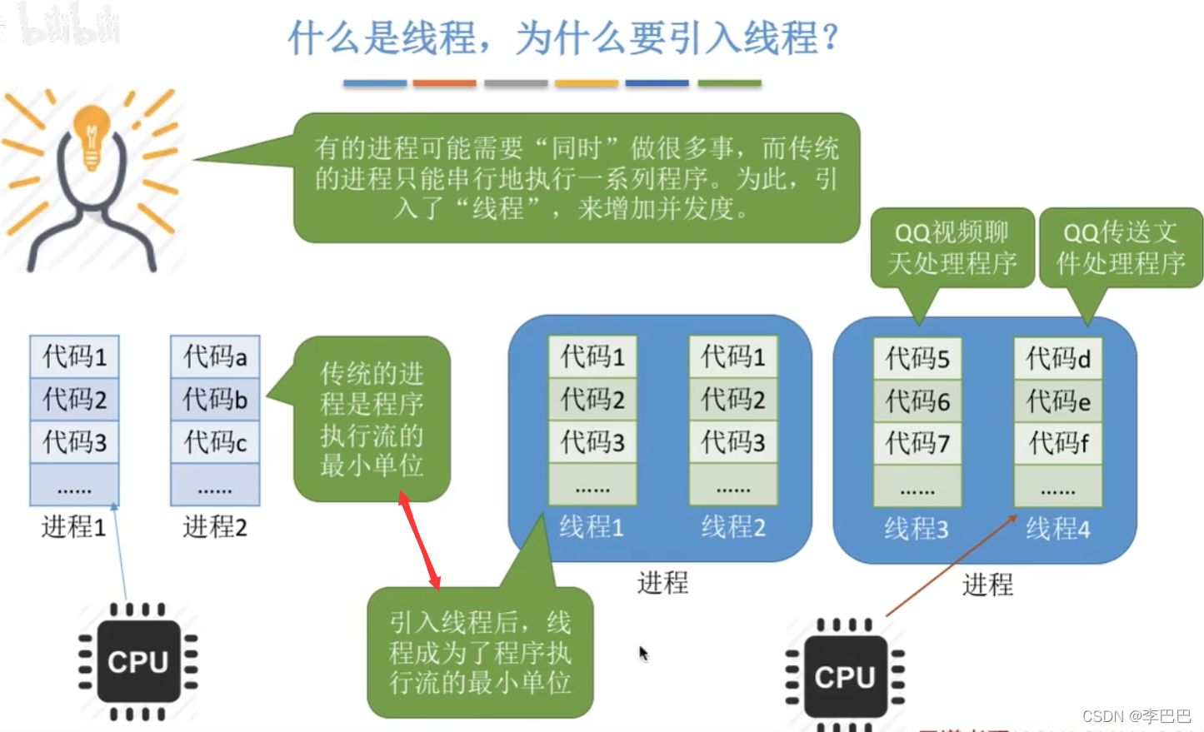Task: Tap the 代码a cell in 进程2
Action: point(215,357)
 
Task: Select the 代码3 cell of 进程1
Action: point(74,441)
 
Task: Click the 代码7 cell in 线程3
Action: point(917,443)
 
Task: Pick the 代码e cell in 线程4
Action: point(1057,401)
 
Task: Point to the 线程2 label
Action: point(732,527)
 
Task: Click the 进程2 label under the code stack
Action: point(215,527)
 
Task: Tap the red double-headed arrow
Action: point(419,540)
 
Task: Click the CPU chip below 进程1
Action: point(138,662)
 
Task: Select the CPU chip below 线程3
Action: point(845,676)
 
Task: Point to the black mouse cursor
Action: point(642,653)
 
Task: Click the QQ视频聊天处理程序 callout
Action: point(952,248)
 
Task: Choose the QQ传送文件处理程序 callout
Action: point(1120,248)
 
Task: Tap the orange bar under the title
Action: point(444,83)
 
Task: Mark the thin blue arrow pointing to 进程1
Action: point(119,550)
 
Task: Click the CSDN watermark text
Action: point(1137,716)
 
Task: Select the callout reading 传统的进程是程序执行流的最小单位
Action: point(372,419)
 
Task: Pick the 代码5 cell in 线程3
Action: point(917,359)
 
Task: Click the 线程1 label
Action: point(591,527)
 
